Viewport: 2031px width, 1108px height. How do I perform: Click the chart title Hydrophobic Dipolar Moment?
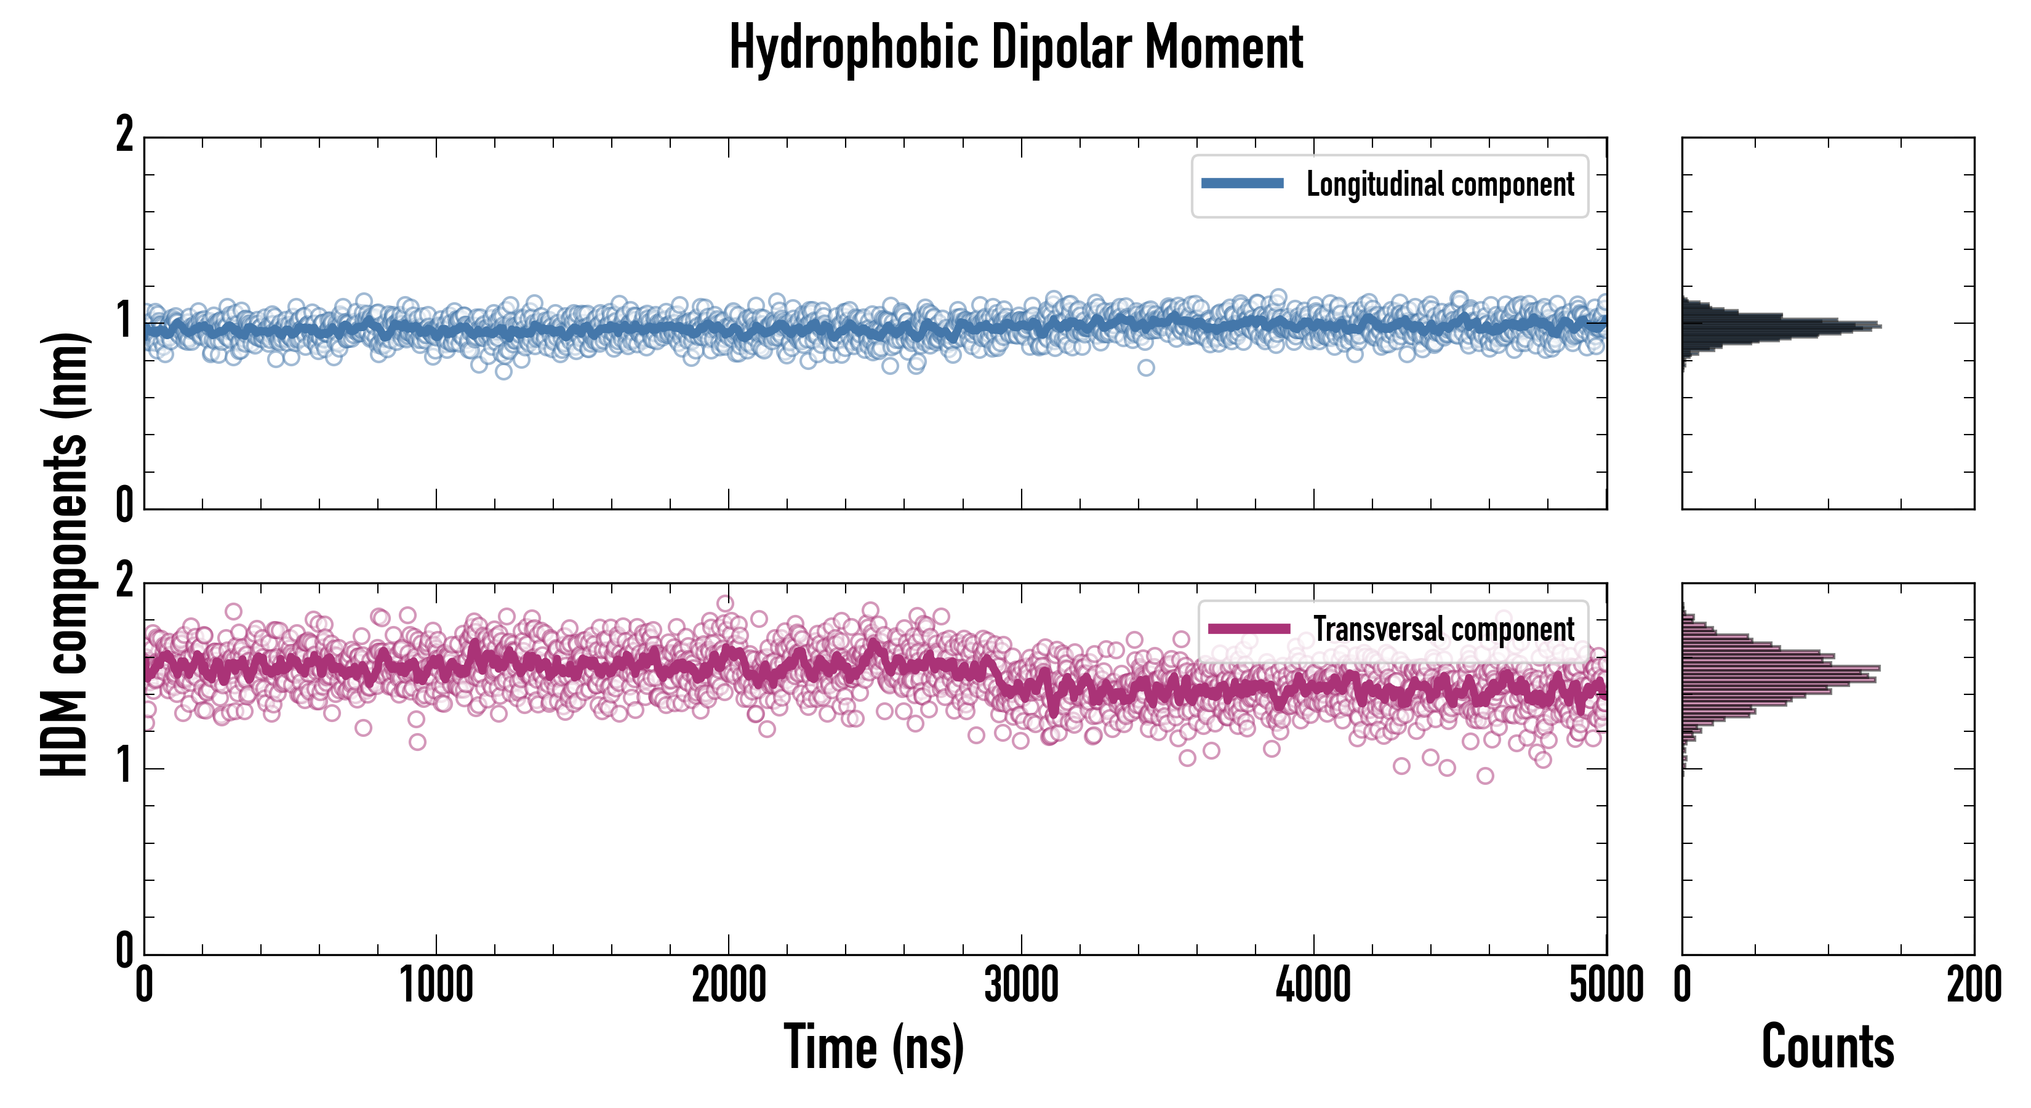[1015, 47]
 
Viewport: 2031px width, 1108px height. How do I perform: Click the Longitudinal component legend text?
[1440, 185]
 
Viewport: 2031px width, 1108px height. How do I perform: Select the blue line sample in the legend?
[1242, 184]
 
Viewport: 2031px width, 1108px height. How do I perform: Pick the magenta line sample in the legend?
[1248, 628]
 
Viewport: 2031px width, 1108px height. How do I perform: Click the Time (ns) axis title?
[873, 1046]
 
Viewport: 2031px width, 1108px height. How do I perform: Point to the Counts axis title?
[1827, 1046]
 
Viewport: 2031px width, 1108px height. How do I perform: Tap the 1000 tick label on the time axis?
[436, 986]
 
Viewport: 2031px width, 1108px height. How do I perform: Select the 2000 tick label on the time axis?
[729, 986]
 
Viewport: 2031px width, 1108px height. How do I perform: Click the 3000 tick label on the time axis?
[1021, 986]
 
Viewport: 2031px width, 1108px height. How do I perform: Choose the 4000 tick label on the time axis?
[1313, 986]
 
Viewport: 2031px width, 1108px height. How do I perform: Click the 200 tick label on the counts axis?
[1973, 986]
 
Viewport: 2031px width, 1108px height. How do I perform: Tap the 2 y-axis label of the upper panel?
[124, 135]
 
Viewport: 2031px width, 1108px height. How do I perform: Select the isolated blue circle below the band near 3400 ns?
[1145, 367]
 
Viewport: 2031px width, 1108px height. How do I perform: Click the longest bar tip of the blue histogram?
[1880, 326]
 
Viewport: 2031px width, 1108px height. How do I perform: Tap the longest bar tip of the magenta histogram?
[1879, 668]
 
